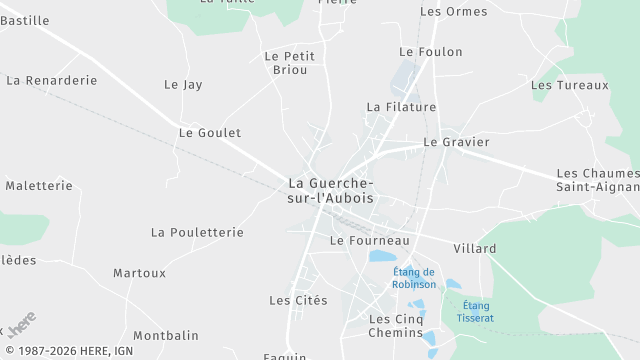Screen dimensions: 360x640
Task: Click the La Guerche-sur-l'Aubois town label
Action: click(331, 190)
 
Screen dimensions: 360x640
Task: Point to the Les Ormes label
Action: click(454, 12)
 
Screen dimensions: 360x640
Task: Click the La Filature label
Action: click(401, 106)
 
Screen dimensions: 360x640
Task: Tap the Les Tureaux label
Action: click(570, 85)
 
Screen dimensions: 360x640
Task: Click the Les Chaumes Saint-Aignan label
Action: click(597, 180)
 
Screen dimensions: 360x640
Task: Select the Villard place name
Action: click(475, 248)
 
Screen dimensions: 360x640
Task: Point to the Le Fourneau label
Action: click(370, 241)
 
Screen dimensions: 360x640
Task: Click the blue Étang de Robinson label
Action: click(414, 278)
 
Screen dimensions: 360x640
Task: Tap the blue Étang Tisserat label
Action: click(477, 311)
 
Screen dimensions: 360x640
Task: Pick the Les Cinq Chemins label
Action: click(396, 325)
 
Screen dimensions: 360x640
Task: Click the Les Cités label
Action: click(298, 300)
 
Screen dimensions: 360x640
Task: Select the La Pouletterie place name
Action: click(197, 232)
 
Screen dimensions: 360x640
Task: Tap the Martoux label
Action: click(140, 273)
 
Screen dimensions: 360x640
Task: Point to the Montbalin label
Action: click(166, 336)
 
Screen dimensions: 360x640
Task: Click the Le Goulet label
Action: click(210, 132)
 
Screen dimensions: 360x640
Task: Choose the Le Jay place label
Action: click(183, 85)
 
